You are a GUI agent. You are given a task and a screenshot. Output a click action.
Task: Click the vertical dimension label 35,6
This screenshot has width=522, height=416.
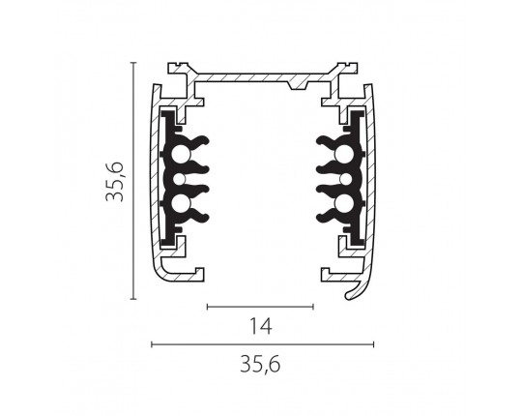click(114, 182)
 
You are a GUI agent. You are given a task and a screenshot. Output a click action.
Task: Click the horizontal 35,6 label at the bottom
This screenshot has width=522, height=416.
click(260, 365)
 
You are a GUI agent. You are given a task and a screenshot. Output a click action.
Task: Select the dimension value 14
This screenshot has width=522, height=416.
click(261, 326)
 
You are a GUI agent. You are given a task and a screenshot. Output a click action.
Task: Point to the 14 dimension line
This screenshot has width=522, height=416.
click(260, 307)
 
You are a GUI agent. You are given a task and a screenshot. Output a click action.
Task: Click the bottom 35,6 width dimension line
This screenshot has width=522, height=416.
click(263, 344)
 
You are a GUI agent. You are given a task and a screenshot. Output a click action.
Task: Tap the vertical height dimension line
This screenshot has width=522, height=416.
click(133, 181)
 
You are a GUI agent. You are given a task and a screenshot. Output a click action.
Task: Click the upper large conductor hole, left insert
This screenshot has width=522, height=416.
click(180, 154)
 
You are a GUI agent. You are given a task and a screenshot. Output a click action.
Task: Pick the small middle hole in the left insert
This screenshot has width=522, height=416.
click(180, 179)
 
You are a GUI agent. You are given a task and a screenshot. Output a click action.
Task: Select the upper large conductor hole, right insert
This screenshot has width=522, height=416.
click(344, 154)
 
